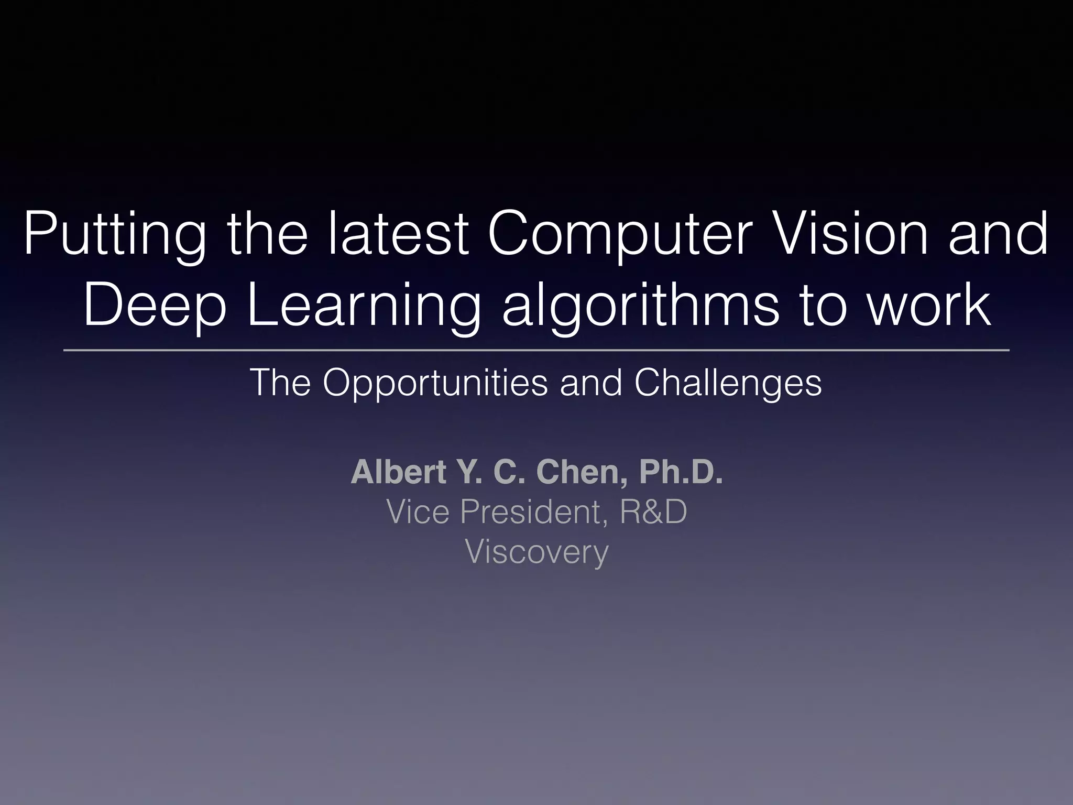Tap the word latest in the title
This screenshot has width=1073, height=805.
click(398, 234)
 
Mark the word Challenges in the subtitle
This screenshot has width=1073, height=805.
click(728, 384)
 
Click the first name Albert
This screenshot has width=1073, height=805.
click(399, 472)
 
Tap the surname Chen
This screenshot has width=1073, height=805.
click(582, 472)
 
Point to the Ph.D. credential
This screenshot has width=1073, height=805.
click(681, 472)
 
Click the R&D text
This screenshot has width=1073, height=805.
click(653, 512)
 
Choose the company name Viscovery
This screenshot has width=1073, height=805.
click(536, 551)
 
